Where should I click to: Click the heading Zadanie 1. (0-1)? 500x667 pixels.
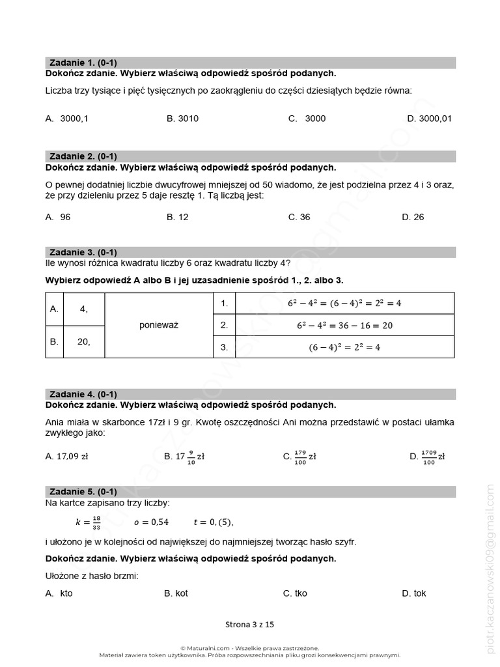[83, 63]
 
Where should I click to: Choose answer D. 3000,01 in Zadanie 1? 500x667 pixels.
[429, 119]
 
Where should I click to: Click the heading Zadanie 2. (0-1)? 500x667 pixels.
[83, 156]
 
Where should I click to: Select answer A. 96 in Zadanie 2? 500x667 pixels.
[58, 217]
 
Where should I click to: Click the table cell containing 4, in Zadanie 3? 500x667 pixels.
[83, 309]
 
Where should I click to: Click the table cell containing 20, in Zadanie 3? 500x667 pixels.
[83, 341]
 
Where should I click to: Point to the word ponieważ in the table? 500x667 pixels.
[159, 325]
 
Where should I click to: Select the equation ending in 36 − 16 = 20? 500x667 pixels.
[344, 325]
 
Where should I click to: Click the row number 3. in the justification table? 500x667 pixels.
[224, 347]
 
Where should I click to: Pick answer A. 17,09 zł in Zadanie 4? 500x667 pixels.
[67, 457]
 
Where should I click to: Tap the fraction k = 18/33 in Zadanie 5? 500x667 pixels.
[89, 522]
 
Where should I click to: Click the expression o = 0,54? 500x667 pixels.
[151, 522]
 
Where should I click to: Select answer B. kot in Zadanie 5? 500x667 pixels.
[176, 593]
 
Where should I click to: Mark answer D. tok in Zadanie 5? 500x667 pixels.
[414, 593]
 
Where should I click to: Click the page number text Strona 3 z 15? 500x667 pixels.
[250, 624]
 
